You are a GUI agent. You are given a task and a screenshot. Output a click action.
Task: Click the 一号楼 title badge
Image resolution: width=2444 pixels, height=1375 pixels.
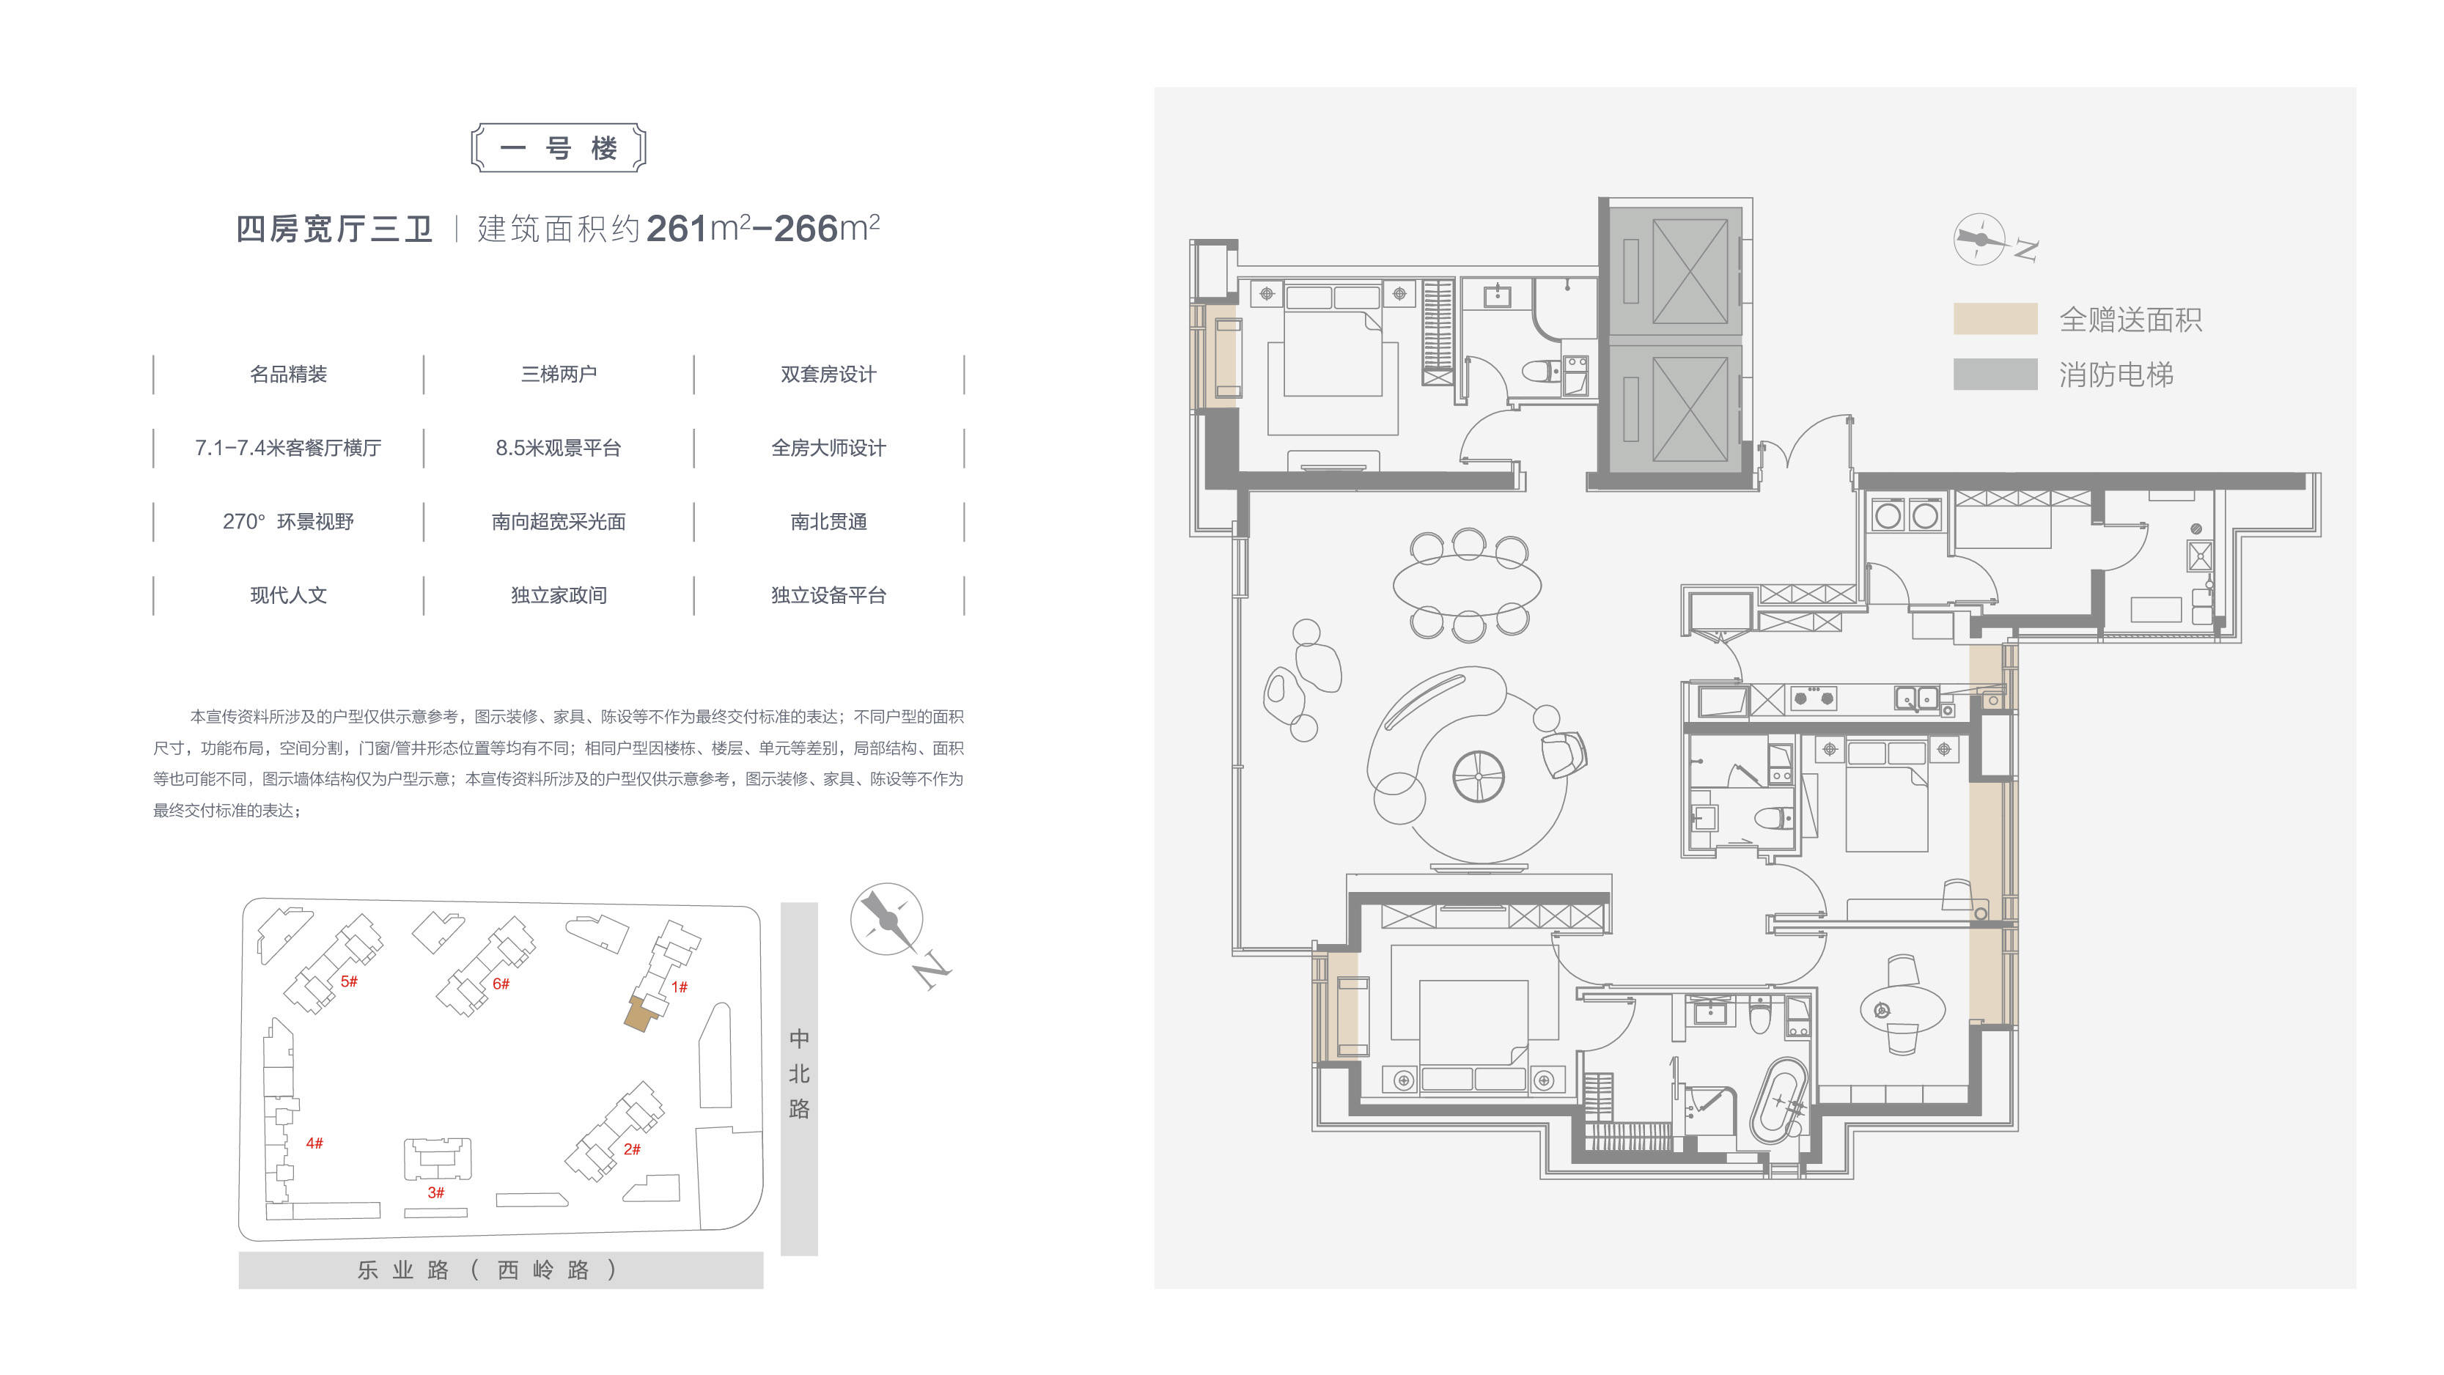pyautogui.click(x=558, y=148)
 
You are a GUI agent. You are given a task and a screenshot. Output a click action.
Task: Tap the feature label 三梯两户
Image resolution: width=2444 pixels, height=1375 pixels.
pyautogui.click(x=559, y=374)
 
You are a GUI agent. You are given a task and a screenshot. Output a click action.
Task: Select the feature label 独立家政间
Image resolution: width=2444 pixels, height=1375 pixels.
pyautogui.click(x=559, y=595)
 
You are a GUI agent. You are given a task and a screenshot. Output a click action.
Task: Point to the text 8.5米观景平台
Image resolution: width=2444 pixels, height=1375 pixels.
pyautogui.click(x=559, y=448)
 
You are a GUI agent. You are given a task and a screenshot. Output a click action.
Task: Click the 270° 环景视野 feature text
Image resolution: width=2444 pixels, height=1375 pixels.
pyautogui.click(x=288, y=522)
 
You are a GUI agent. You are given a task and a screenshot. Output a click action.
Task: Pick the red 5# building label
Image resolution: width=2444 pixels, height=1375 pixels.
pyautogui.click(x=349, y=981)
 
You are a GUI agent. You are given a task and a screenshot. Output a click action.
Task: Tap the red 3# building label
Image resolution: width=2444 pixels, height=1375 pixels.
pyautogui.click(x=435, y=1192)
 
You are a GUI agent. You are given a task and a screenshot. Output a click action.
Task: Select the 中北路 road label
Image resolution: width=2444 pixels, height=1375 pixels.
pyautogui.click(x=799, y=1073)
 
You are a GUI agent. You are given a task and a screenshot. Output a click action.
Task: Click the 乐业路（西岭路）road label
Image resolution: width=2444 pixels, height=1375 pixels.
pyautogui.click(x=487, y=1269)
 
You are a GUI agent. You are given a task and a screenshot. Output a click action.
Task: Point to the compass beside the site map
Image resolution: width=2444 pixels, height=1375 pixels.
pyautogui.click(x=887, y=918)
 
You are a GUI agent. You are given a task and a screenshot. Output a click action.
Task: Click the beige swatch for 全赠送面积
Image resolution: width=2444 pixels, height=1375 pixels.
pyautogui.click(x=1995, y=319)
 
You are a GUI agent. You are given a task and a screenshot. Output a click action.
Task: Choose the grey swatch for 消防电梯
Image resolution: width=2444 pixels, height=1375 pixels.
pyautogui.click(x=1995, y=374)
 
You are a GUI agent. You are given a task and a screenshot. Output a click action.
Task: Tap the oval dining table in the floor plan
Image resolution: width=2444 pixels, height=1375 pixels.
pyautogui.click(x=1467, y=583)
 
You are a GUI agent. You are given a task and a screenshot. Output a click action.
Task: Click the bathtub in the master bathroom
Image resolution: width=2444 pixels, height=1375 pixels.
pyautogui.click(x=1777, y=1100)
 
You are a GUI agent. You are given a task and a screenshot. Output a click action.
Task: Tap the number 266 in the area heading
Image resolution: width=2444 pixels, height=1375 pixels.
pyautogui.click(x=806, y=229)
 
